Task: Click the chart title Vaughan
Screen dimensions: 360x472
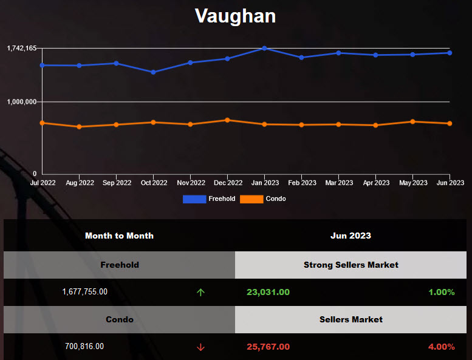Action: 235,16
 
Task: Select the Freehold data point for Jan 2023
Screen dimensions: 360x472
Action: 264,48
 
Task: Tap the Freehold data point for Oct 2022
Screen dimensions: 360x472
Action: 153,72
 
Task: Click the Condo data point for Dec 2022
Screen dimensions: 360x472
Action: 227,120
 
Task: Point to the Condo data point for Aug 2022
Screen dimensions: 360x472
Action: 79,127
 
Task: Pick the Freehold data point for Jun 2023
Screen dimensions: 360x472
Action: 450,53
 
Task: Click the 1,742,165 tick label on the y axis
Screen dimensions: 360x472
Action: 21,48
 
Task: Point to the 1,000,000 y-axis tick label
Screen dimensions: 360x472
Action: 22,101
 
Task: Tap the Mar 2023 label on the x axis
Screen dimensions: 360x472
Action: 338,183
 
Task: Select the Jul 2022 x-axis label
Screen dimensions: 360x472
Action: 43,183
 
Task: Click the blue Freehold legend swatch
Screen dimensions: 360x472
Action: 194,199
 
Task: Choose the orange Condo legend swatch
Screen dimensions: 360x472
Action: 251,199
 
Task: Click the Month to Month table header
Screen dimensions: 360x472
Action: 119,236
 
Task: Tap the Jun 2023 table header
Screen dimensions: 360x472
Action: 351,236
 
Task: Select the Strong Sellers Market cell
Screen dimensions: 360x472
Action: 351,265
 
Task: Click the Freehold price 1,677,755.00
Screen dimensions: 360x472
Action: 84,292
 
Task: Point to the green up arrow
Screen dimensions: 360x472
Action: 200,293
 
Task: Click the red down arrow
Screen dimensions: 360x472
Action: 200,347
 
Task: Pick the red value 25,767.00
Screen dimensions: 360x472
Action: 268,347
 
